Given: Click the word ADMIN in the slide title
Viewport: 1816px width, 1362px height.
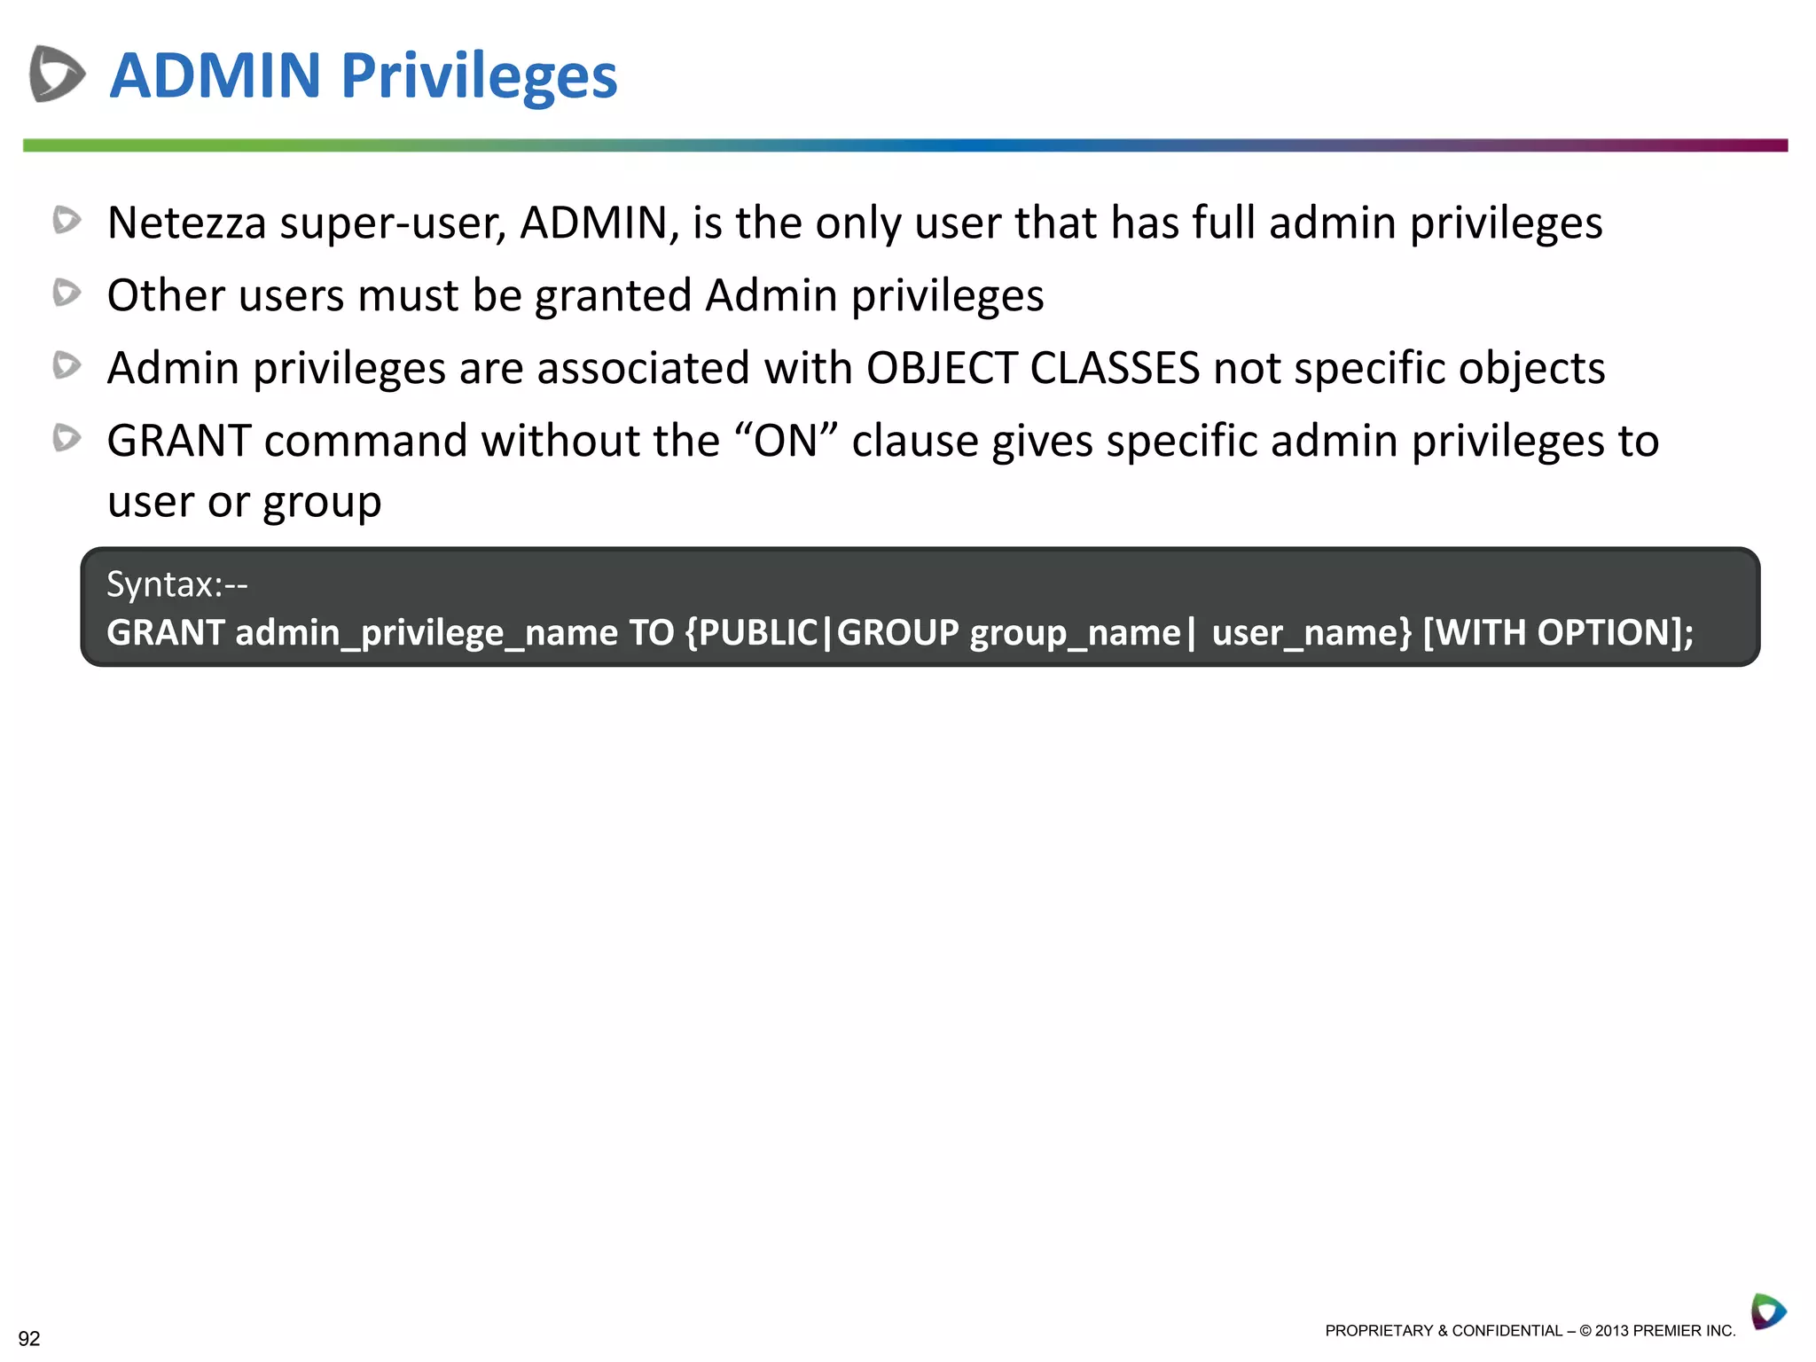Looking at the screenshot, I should (215, 75).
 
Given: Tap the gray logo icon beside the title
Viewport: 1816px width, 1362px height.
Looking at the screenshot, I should (57, 74).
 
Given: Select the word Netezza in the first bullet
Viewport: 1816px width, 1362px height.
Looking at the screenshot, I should (186, 223).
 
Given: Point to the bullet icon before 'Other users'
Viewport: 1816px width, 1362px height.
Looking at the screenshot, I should (67, 293).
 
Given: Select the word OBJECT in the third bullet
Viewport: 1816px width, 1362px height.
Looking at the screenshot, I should (940, 368).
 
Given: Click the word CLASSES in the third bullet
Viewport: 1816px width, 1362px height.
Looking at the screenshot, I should (1114, 368).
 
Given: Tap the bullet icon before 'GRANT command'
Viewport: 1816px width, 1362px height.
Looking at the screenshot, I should (67, 438).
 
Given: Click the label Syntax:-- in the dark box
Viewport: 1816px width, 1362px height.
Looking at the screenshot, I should (176, 584).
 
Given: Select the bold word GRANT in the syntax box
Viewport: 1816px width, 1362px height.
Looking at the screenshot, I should (165, 633).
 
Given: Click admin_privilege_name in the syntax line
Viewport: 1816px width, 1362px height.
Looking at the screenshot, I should (426, 633).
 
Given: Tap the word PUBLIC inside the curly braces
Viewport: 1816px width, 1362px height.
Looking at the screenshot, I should (758, 633).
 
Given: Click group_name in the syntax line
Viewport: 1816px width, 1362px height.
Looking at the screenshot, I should (1075, 633).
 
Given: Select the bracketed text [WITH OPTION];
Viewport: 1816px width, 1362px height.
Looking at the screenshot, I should (1558, 633).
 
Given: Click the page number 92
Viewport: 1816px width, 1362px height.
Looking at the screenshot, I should (29, 1338).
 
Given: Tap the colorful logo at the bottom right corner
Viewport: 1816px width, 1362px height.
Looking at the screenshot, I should (1767, 1311).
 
